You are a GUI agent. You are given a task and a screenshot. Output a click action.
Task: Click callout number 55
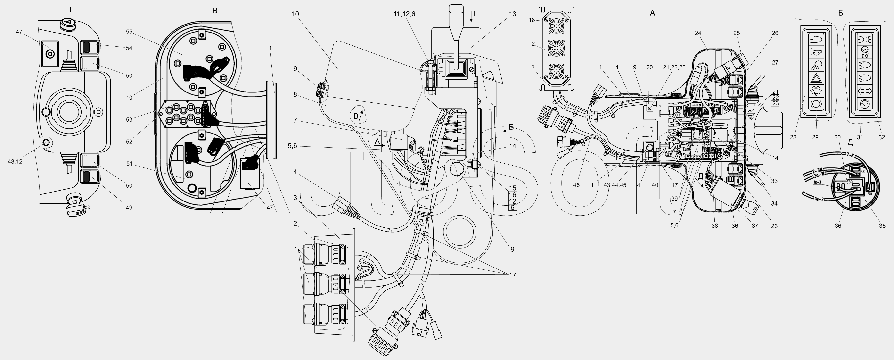pos(129,32)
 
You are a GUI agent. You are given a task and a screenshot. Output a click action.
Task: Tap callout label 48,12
pos(14,161)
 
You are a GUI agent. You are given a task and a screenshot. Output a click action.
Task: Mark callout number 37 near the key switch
pos(755,226)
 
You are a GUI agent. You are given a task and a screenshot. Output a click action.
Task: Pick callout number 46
pos(576,185)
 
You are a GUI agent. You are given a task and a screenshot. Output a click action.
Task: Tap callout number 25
pos(737,33)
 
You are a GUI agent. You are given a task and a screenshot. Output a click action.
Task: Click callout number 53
pos(129,120)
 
